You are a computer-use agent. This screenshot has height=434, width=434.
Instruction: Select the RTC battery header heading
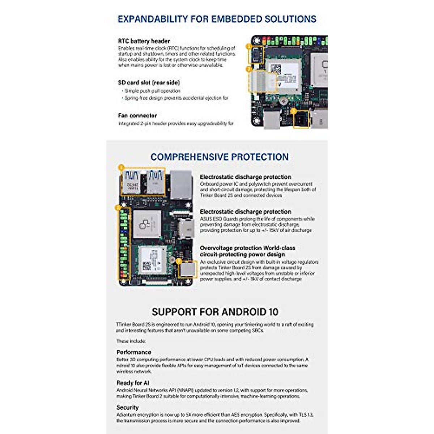pos(144,41)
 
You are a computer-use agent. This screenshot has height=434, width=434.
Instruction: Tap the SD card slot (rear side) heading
pos(149,83)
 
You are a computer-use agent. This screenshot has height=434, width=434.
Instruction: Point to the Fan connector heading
pos(137,116)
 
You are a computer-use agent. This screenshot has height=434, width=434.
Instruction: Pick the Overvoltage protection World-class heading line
pos(247,248)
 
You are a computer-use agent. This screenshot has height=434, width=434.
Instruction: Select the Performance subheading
pos(133,352)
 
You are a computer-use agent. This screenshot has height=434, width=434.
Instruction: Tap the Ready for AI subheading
pos(133,383)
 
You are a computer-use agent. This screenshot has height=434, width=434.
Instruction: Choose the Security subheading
pos(127,408)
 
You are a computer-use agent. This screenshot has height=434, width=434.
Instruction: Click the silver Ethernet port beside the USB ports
pos(181,184)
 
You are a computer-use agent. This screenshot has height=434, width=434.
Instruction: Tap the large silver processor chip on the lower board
pos(147,224)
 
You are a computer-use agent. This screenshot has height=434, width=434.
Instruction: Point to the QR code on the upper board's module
pos(276,69)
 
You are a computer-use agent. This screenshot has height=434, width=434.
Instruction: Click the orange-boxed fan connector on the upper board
pos(301,119)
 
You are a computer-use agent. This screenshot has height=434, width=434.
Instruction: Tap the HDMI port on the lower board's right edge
pos(186,229)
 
